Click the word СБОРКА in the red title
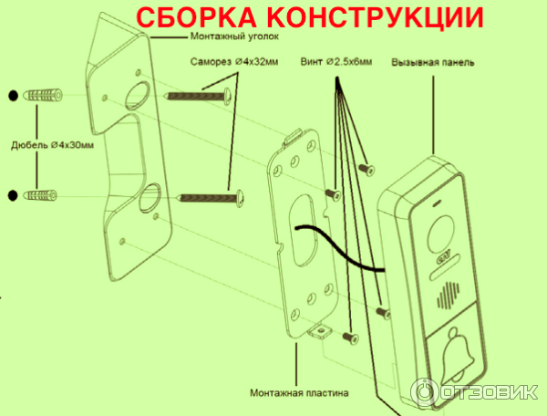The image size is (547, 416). coord(196,16)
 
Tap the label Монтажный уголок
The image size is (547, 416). coord(234,36)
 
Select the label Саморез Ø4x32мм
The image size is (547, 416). coord(234,62)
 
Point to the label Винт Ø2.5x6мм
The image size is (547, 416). coord(336,62)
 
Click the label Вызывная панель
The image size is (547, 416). coord(432,62)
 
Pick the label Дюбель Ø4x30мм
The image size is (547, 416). coord(52,145)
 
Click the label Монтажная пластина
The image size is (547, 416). coord(299,393)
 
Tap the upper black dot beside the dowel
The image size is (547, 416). coord(13,95)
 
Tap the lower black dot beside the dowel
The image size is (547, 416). coord(13,195)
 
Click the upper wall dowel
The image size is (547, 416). coord(43,95)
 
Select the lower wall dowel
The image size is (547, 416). coord(40,195)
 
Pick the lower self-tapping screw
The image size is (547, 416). coord(212,198)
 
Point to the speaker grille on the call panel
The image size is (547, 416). coord(449,296)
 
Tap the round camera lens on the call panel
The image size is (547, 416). coord(441,234)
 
